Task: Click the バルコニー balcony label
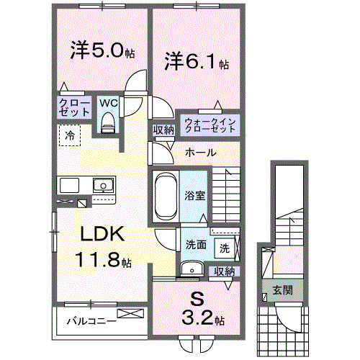[x=92, y=320]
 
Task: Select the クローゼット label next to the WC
[x=74, y=109]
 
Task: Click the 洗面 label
[x=196, y=245]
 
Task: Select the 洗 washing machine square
[x=225, y=248]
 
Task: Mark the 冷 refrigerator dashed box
[x=70, y=135]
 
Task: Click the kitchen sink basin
[x=103, y=186]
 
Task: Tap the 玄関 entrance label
[x=282, y=290]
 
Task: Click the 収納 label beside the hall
[x=163, y=130]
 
